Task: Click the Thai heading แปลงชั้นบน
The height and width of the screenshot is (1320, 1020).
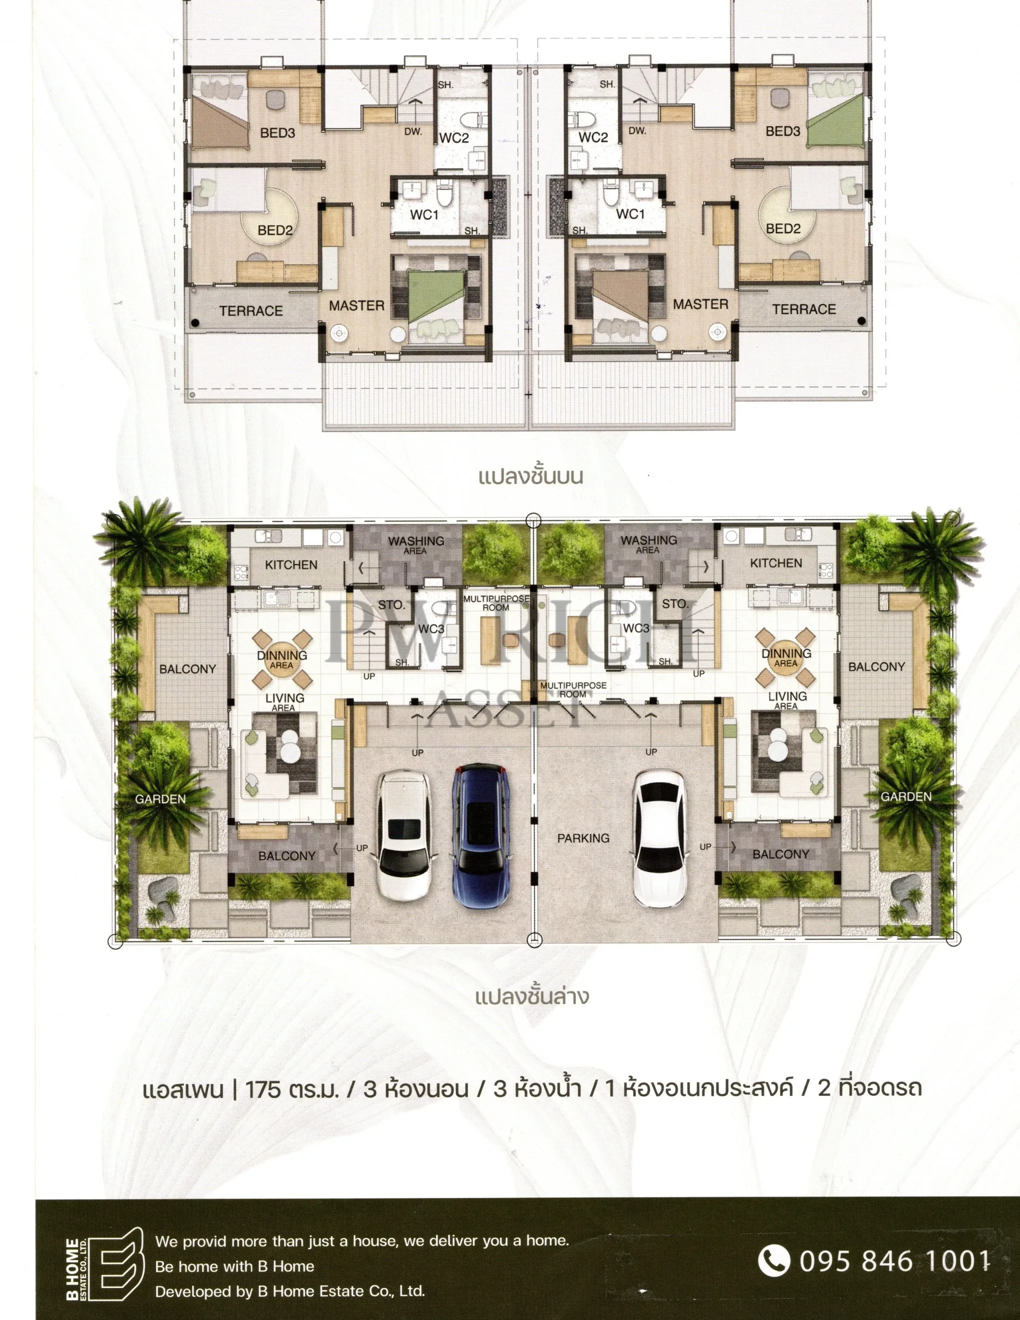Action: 530,477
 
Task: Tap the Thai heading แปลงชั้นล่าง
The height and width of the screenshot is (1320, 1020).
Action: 532,995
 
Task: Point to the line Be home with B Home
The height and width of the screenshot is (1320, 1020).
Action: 234,1266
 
